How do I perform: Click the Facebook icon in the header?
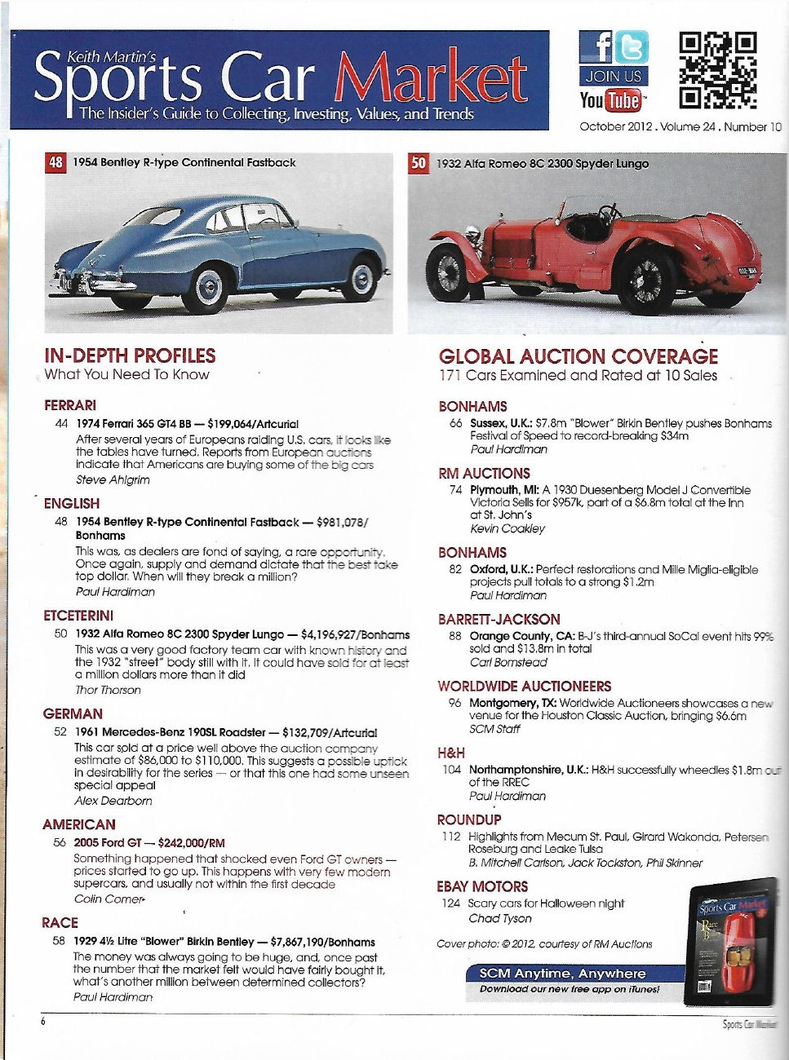point(596,47)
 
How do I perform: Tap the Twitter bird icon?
point(631,47)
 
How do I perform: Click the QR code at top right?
point(718,70)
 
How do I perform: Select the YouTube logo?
point(611,100)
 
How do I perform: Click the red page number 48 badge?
point(55,162)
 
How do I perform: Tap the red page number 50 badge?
point(419,163)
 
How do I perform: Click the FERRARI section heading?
point(70,405)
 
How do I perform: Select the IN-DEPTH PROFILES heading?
point(130,356)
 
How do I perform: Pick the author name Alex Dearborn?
point(113,801)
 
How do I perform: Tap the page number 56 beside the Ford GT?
point(60,842)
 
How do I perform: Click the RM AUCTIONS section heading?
point(484,474)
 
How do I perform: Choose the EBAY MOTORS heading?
point(482,886)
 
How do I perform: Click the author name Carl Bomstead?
point(508,662)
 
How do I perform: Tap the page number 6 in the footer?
point(43,1021)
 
